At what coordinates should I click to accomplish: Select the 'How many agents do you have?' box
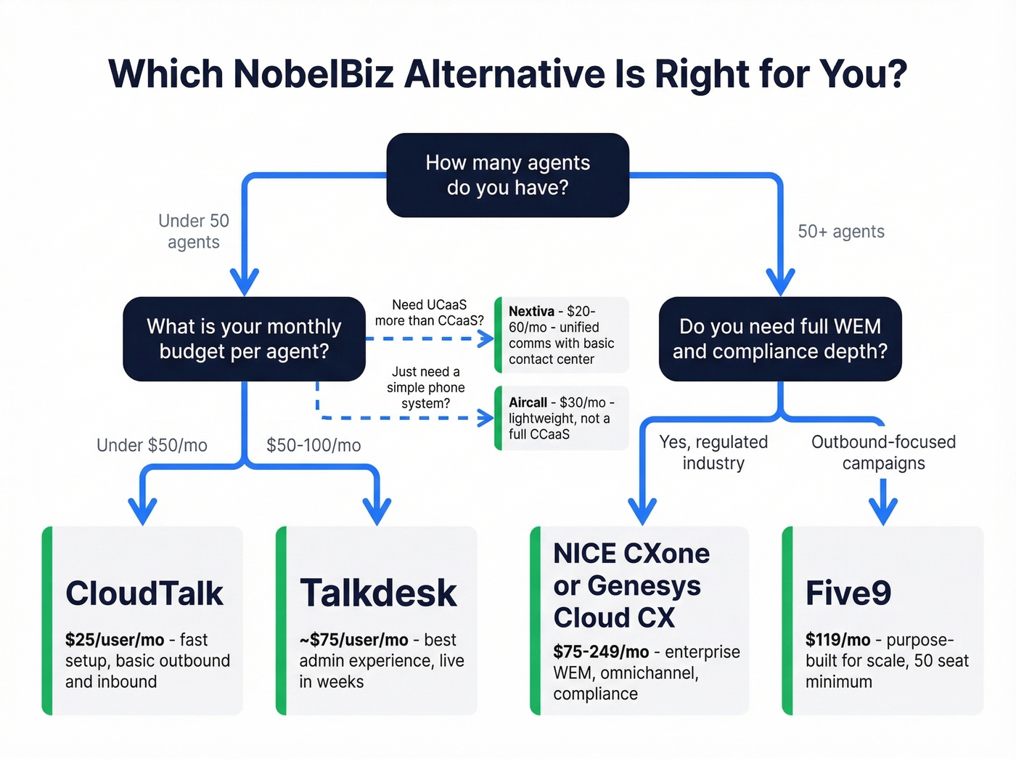[x=507, y=175]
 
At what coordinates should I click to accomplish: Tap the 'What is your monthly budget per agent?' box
[x=244, y=338]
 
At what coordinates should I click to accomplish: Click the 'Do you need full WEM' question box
[x=780, y=338]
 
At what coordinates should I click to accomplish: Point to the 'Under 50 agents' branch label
[x=193, y=231]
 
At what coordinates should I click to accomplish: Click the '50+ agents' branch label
[x=841, y=232]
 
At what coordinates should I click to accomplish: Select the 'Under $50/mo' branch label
[x=152, y=445]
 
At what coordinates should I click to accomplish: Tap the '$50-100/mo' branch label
[x=314, y=445]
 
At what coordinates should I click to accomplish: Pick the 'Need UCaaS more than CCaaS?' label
[x=429, y=313]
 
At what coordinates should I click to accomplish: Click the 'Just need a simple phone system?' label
[x=426, y=388]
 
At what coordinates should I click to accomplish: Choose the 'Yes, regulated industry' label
[x=713, y=452]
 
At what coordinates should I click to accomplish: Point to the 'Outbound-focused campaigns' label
[x=883, y=452]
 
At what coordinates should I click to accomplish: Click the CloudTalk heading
[x=144, y=593]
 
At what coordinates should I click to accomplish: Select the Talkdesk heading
[x=378, y=593]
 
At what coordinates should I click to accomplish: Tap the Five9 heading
[x=848, y=593]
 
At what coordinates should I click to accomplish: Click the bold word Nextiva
[x=531, y=312]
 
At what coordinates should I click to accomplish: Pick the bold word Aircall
[x=528, y=402]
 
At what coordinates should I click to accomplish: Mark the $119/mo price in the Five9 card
[x=837, y=640]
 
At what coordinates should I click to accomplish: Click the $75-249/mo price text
[x=601, y=652]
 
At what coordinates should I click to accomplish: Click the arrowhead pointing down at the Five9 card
[x=883, y=513]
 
